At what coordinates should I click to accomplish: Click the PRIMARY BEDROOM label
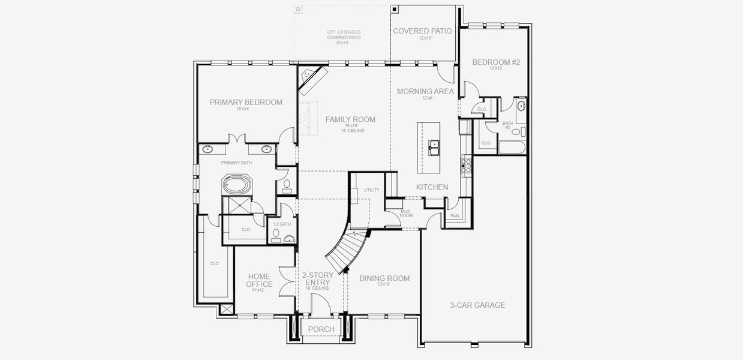(246, 102)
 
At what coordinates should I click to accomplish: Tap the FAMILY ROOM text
(350, 119)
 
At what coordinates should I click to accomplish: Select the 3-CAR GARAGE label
(477, 305)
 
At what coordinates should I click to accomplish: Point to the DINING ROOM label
(384, 278)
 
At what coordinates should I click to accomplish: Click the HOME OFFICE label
(259, 280)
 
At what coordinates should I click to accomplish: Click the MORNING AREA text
(425, 91)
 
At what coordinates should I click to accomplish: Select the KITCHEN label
(432, 187)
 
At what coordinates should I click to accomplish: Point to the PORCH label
(321, 329)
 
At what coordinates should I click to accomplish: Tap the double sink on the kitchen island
(434, 145)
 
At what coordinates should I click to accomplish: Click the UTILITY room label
(371, 190)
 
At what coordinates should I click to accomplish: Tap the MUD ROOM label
(406, 213)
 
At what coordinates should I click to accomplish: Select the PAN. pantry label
(455, 215)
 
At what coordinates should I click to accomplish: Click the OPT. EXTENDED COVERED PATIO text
(344, 37)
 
